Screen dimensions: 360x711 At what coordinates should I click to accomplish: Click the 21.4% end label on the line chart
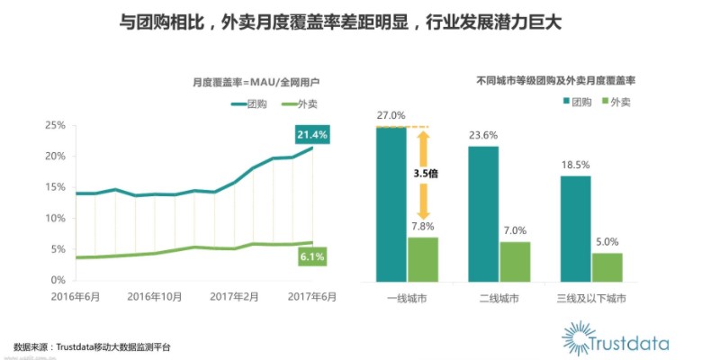pos(313,135)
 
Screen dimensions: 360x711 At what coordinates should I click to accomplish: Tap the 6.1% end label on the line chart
pos(313,257)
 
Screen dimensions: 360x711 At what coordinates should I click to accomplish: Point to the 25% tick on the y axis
pos(55,125)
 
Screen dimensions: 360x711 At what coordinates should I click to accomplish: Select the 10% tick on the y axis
pos(55,219)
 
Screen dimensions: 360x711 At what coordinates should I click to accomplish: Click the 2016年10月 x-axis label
pos(156,297)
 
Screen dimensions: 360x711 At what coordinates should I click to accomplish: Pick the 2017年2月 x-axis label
pos(234,297)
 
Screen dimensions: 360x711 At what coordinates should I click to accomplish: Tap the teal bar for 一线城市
pos(391,203)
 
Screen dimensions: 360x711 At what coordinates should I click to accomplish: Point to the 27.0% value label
pos(391,115)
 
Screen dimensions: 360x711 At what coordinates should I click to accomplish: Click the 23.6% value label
pos(483,136)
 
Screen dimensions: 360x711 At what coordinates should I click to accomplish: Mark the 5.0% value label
pos(607,241)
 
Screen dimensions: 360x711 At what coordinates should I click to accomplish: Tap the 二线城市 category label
pos(499,297)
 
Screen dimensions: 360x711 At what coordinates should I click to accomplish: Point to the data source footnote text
pos(92,346)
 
